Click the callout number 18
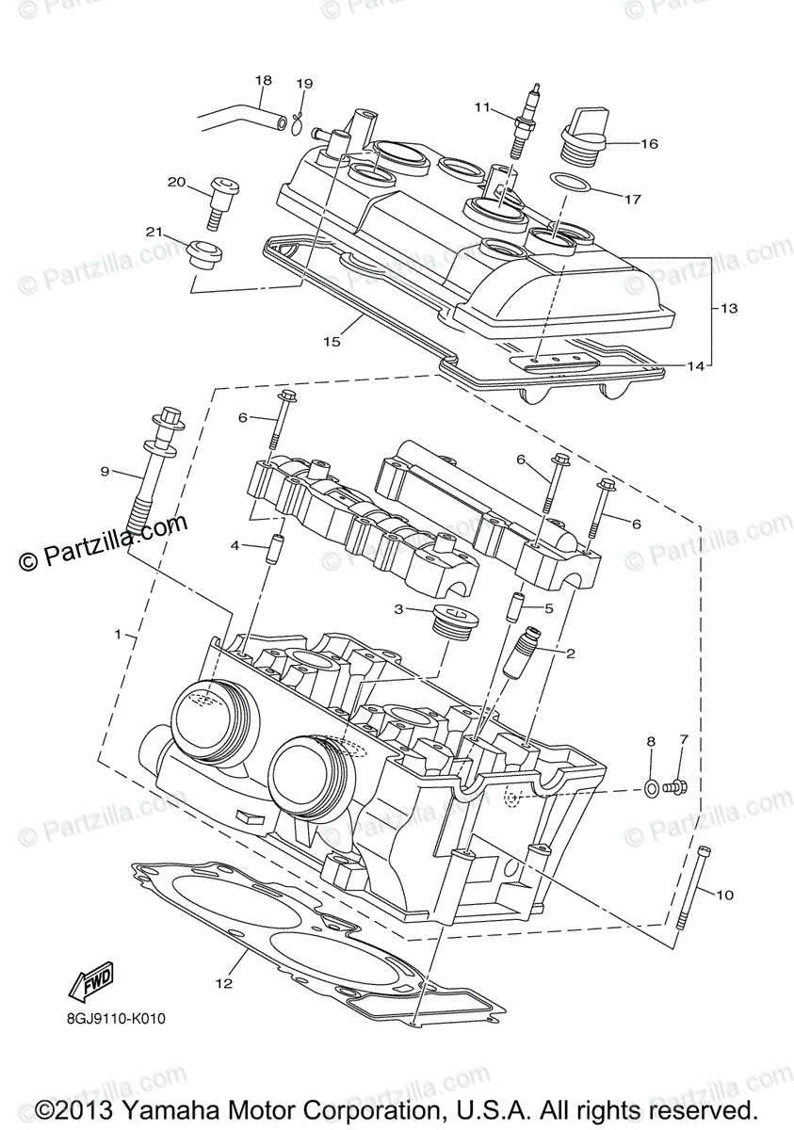(x=263, y=80)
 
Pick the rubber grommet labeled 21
(x=203, y=252)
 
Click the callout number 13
(x=730, y=308)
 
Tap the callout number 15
(x=331, y=341)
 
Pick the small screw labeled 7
(x=675, y=784)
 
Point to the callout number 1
(x=118, y=635)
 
